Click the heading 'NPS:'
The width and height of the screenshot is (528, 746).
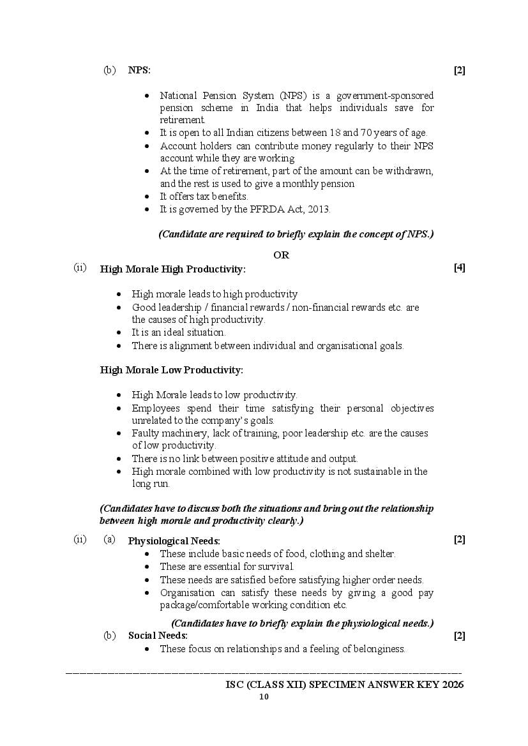(139, 70)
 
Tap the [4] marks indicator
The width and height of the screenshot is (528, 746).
(459, 268)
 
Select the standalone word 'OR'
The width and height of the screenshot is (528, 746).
(281, 255)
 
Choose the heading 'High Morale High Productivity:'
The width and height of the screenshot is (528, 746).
(172, 269)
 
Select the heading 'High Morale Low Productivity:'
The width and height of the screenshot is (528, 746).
(171, 369)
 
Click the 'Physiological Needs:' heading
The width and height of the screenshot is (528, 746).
(174, 541)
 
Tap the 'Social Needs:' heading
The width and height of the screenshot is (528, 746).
(158, 636)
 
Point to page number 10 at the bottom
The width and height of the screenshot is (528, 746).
(264, 697)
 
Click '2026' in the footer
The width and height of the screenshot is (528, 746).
(451, 685)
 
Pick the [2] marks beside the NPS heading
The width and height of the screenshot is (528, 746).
(459, 71)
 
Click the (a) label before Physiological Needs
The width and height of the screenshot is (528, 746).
(109, 540)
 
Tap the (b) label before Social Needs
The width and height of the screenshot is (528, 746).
(109, 636)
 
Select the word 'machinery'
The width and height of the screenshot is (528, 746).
(182, 433)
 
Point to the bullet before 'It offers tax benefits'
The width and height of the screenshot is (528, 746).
(147, 197)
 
